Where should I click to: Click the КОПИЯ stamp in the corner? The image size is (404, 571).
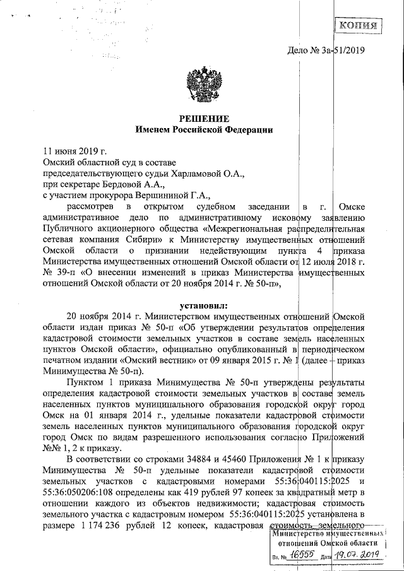click(x=357, y=26)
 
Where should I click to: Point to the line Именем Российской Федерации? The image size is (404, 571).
click(x=203, y=130)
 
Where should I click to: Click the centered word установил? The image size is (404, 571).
click(x=203, y=306)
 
